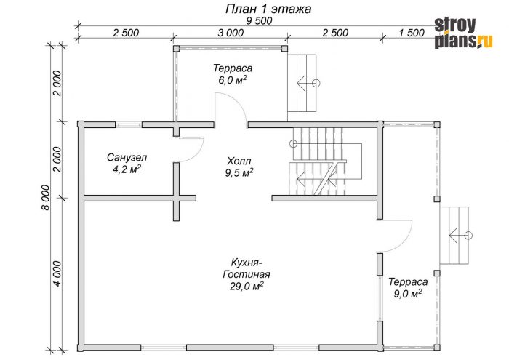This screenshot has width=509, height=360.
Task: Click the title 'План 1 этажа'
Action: coord(268,9)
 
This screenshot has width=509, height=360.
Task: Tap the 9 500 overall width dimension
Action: coord(259,21)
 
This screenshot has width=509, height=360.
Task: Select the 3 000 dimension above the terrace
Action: coord(231,33)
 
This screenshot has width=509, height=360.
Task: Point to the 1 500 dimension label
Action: coord(412,33)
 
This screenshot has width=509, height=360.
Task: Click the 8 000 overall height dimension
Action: coord(46,197)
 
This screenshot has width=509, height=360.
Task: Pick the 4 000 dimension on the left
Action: coord(57,273)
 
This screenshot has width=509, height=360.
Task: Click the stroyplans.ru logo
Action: coord(464,33)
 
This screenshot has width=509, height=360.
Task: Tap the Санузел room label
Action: coord(127,158)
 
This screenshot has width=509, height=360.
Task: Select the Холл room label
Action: coord(239,161)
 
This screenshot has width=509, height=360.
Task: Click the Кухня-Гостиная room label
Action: coord(247,268)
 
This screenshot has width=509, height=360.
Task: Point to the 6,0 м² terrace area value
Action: coord(232,80)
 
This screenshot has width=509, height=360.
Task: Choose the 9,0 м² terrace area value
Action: coord(408,294)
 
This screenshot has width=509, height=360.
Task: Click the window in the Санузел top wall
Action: coord(129,124)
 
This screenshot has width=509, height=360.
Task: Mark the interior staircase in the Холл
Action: coord(324,161)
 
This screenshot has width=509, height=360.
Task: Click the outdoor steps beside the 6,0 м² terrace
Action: coord(302,83)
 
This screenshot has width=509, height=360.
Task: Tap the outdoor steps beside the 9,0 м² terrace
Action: coord(454,236)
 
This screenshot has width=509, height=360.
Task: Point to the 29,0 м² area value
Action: coord(247,287)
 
